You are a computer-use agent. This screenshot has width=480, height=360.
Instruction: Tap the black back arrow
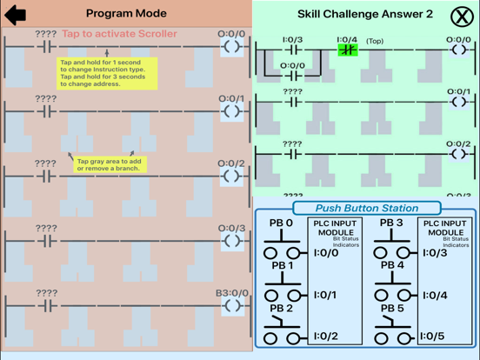tap(16, 15)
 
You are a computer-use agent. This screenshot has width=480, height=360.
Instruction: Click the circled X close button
tap(462, 15)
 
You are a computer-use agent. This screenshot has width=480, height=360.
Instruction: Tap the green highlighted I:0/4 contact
tap(347, 50)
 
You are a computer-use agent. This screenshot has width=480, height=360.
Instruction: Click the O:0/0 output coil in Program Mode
tap(231, 47)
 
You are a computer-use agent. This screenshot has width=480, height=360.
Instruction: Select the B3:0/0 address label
tap(231, 293)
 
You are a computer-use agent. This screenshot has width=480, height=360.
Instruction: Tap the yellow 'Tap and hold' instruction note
tap(107, 74)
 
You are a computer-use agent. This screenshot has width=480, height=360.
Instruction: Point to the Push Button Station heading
tap(366, 209)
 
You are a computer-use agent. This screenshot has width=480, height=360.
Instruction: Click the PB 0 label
tap(281, 223)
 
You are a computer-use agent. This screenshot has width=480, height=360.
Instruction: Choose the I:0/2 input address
tap(324, 337)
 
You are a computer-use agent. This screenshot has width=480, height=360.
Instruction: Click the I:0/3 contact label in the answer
tap(293, 39)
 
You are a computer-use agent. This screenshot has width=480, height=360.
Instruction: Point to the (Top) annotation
tap(374, 41)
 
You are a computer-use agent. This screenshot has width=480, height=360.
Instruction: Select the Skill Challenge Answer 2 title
tap(364, 14)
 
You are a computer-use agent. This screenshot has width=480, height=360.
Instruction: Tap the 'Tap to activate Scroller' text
tap(119, 34)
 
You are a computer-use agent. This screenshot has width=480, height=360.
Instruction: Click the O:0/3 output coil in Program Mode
tap(231, 241)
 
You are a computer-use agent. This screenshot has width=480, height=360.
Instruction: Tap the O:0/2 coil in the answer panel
tap(458, 154)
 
